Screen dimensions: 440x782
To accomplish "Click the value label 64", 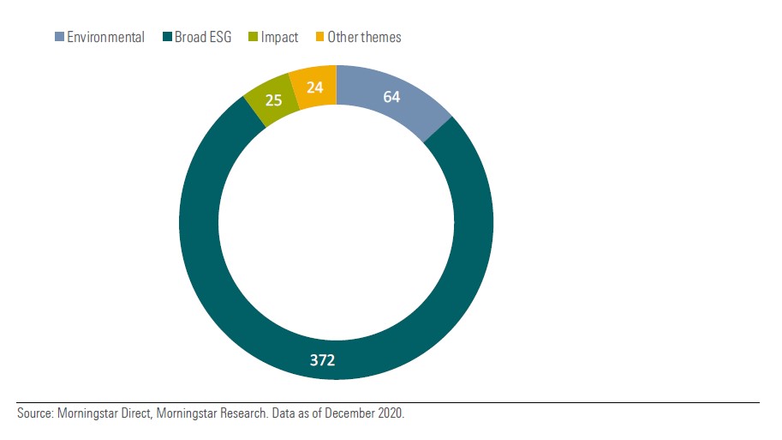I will pos(391,97).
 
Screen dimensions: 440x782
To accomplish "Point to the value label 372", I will pos(323,360).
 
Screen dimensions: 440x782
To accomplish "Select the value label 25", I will pos(274,100).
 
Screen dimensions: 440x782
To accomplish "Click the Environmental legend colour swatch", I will pos(59,37).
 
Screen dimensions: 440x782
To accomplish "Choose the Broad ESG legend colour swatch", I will pos(166,37).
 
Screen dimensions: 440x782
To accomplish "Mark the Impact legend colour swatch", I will pos(254,37).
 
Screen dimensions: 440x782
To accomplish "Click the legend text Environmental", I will pos(105,37).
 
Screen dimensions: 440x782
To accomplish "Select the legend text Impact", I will pos(279,37).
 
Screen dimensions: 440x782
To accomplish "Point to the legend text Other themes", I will pos(364,37).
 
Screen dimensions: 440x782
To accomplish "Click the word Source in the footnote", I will pos(35,413).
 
